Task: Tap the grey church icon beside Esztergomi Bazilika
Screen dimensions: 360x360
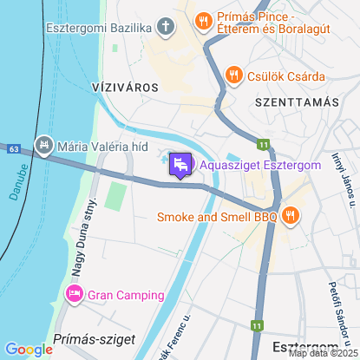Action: click(x=167, y=26)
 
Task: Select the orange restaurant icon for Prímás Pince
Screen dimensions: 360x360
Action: click(x=202, y=19)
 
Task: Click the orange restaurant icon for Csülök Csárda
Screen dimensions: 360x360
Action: click(x=232, y=75)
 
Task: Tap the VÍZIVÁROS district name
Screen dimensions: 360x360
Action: click(x=124, y=88)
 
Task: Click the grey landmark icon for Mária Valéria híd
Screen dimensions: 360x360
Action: click(x=42, y=144)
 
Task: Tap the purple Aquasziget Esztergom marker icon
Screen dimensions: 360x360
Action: click(x=180, y=164)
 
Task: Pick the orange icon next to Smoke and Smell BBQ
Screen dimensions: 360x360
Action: click(x=290, y=215)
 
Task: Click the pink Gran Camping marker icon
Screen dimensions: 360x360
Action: click(x=74, y=295)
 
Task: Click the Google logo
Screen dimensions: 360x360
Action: click(x=29, y=349)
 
